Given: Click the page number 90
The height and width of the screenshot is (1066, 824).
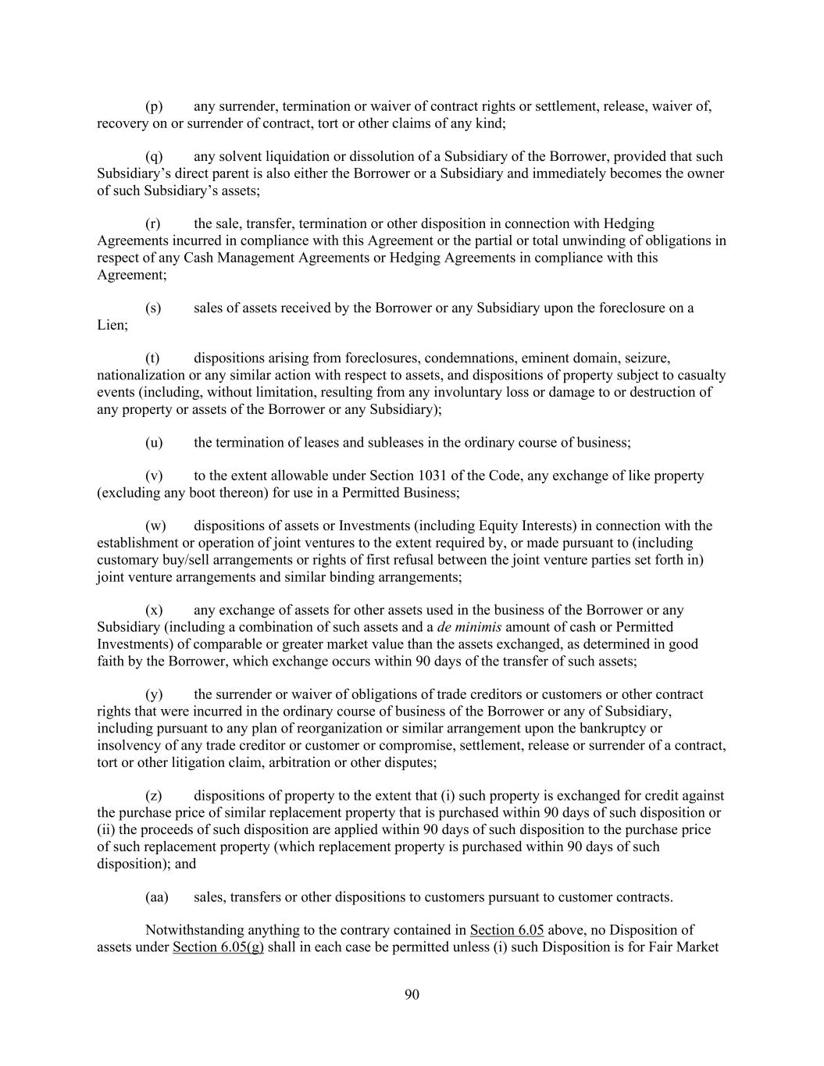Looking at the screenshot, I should (x=412, y=994).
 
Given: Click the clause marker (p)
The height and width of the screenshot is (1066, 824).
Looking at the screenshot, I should (x=154, y=106).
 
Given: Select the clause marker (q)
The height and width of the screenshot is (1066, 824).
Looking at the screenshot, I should (x=154, y=156).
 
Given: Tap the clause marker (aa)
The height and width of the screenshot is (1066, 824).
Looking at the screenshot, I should (x=157, y=897).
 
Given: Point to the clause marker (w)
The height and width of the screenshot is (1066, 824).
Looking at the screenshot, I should (x=155, y=526).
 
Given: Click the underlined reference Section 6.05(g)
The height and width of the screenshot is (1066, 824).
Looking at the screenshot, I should (x=218, y=947).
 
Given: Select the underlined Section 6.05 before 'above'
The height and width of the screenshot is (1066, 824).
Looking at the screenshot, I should (x=506, y=930).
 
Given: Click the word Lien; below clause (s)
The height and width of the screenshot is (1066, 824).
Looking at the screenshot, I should (x=112, y=325).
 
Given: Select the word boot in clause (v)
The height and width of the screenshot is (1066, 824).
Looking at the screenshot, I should (x=203, y=493).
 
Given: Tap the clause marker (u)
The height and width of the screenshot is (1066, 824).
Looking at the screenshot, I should (x=154, y=443).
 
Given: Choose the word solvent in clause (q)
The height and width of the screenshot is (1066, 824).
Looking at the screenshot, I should (x=244, y=156).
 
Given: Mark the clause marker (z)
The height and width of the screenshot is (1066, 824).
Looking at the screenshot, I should (x=154, y=796).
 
